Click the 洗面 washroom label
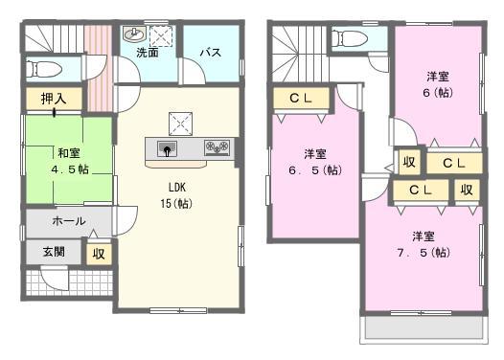[148, 54]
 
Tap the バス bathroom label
[211, 54]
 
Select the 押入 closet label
[54, 98]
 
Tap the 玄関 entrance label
[54, 253]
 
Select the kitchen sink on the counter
[167, 149]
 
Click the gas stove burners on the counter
[218, 148]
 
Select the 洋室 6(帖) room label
[437, 84]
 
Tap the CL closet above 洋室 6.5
[299, 98]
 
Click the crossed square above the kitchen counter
[180, 123]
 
